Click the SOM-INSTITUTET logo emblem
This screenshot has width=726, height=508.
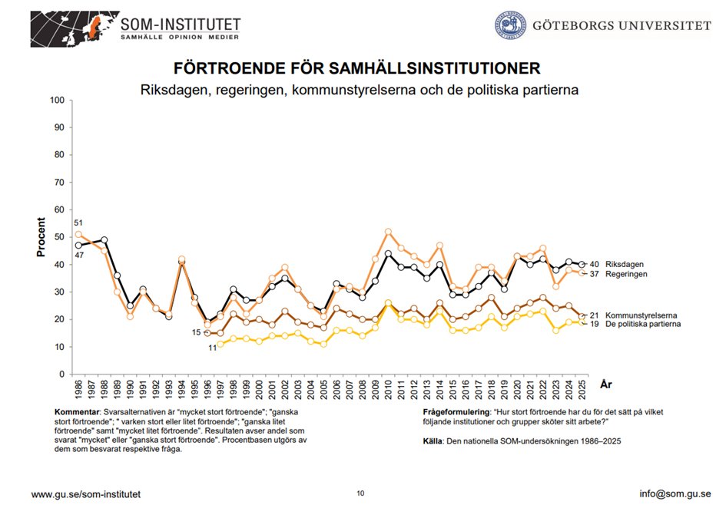coord(73,27)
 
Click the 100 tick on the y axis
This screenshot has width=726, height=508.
coord(56,101)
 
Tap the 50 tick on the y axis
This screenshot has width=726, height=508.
coord(58,237)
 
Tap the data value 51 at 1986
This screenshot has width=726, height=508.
coord(78,223)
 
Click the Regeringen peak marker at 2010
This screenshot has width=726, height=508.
coord(388,232)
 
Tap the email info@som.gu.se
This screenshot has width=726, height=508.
coord(675,493)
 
